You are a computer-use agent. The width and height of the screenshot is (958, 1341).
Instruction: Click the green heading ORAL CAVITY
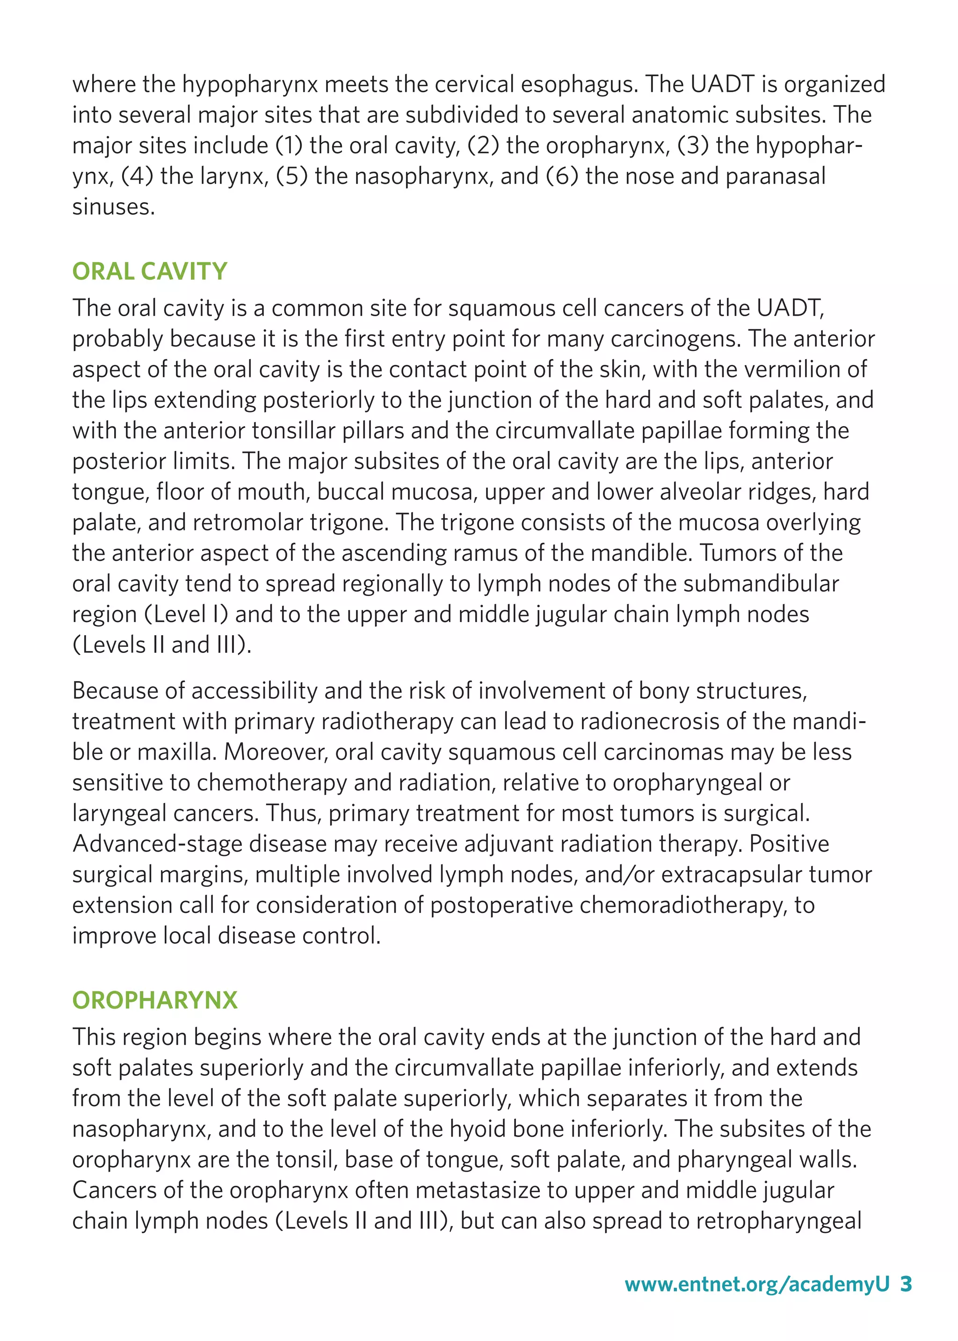[x=149, y=271]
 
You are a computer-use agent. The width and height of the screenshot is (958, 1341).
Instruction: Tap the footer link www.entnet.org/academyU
[x=756, y=1284]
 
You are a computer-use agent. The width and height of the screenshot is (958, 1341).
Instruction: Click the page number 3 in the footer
[x=906, y=1284]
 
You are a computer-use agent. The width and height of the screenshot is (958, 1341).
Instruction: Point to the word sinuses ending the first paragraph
[x=113, y=207]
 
